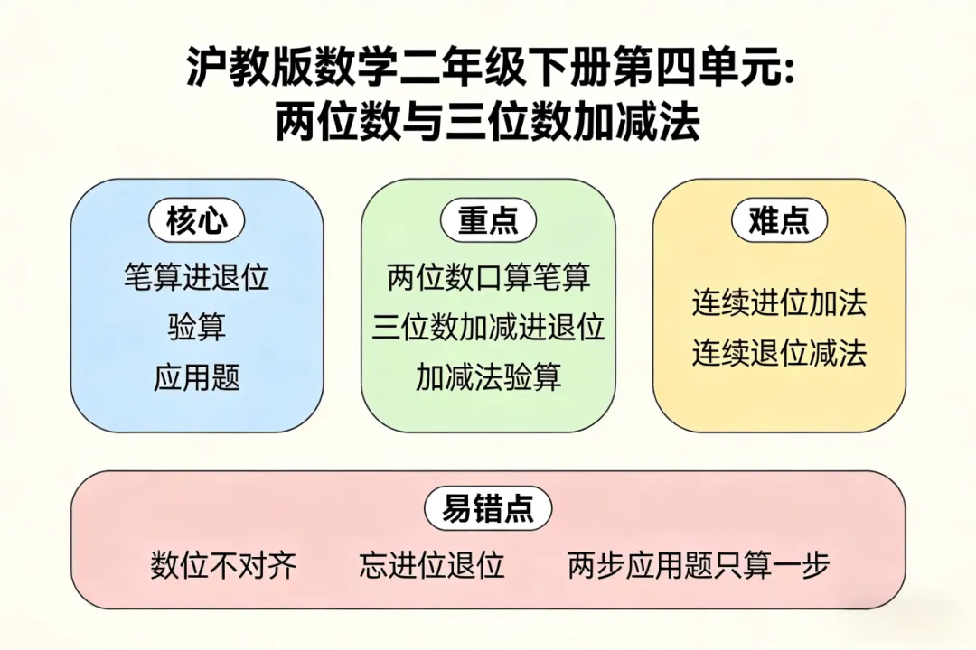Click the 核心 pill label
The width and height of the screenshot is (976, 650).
pos(196,220)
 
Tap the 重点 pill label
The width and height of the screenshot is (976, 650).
pos(488,220)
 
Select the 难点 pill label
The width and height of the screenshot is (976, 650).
pos(779,220)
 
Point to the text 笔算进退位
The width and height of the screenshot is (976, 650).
pos(196,277)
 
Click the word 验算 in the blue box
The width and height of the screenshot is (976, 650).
pos(196,327)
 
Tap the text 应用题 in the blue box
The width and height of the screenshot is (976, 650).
pos(196,377)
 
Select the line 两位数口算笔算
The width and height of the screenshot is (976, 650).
pos(488,277)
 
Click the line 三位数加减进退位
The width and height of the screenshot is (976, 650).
pos(488,327)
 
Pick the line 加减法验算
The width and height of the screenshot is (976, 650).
pos(488,377)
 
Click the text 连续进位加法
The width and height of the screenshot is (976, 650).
pos(779,303)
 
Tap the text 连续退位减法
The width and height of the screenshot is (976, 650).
pos(779,353)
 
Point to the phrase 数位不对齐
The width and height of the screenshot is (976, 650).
pos(223,566)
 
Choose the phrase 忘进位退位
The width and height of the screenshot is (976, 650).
pos(431,566)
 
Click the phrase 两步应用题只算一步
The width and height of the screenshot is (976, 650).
pos(699,566)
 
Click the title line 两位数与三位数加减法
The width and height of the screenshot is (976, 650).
pos(488,123)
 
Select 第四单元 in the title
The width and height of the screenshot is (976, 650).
pos(702,69)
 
